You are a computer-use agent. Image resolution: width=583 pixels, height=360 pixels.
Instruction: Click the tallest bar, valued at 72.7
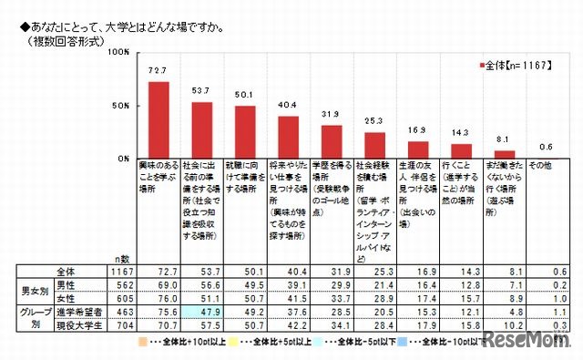point(159,119)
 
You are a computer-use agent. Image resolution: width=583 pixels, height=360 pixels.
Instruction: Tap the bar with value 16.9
point(418,149)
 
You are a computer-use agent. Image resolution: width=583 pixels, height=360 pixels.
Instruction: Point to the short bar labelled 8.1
point(505,154)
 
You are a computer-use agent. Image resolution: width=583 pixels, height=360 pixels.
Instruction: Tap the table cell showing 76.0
point(159,297)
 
